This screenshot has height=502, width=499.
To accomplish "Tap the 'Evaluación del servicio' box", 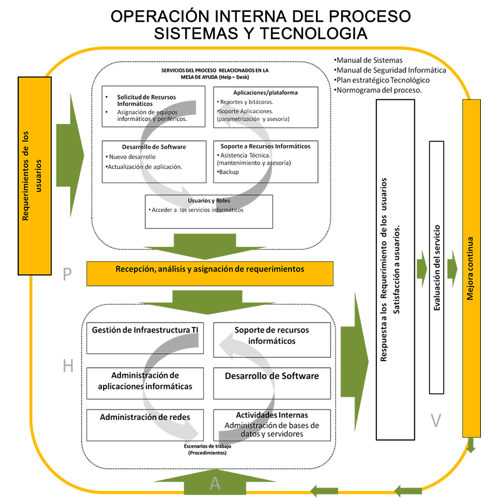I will pyautogui.click(x=437, y=267).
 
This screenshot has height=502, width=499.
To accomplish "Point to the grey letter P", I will pyautogui.click(x=67, y=274).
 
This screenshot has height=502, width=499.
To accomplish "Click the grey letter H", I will pyautogui.click(x=68, y=366).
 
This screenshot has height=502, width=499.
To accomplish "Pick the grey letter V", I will pyautogui.click(x=436, y=421).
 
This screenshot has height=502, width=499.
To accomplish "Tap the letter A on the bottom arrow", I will pyautogui.click(x=215, y=483).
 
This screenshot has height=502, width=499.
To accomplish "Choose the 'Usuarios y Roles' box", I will pyautogui.click(x=209, y=211).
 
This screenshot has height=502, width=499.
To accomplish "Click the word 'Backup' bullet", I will pyautogui.click(x=228, y=172).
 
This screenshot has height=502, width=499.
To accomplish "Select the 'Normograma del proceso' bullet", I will pyautogui.click(x=378, y=90).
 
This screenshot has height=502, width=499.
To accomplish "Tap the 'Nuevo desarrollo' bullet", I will pyautogui.click(x=132, y=157).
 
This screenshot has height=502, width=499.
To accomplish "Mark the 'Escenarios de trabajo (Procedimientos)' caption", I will pyautogui.click(x=208, y=449).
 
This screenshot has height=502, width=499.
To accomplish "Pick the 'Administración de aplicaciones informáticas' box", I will pyautogui.click(x=145, y=381).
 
